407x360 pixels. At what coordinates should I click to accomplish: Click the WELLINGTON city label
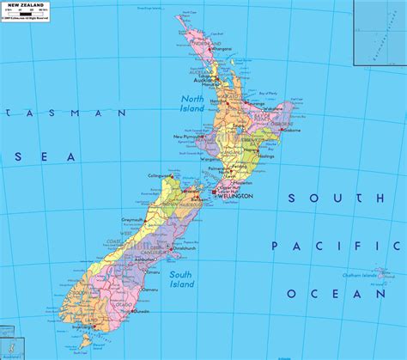pos(235,196)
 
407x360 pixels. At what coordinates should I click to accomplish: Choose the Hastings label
pos(266,156)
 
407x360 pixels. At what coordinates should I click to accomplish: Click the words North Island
pos(192,104)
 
